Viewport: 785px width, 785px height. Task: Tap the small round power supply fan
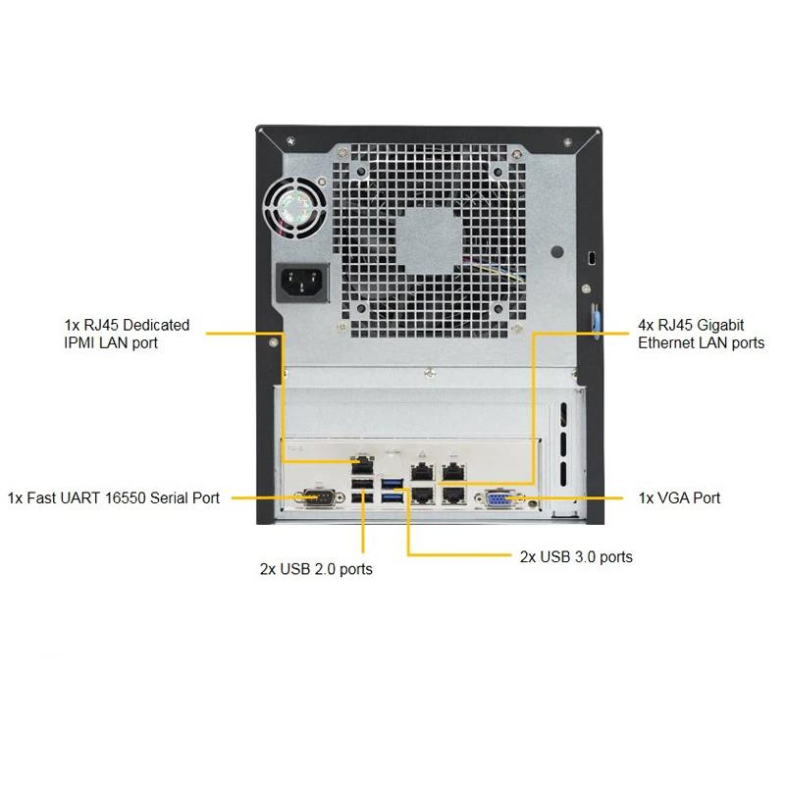click(296, 206)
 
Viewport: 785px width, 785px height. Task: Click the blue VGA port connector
click(497, 499)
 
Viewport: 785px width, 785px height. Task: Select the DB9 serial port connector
click(319, 497)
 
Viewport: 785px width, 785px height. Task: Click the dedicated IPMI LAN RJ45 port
click(362, 464)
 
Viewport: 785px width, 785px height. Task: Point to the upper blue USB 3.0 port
click(392, 484)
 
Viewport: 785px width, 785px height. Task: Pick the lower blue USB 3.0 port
click(392, 498)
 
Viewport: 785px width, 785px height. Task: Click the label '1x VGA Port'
click(679, 498)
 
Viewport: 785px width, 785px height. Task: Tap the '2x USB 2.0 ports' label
click(316, 569)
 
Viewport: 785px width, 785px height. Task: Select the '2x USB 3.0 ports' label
click(576, 557)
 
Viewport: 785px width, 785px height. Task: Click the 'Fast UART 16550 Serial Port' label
click(124, 498)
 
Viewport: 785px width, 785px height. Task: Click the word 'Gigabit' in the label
click(720, 326)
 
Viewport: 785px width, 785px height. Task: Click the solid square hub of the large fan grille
click(429, 241)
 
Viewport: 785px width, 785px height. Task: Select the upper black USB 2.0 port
click(362, 484)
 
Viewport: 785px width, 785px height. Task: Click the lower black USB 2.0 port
click(362, 498)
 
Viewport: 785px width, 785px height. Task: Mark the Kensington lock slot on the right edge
click(592, 258)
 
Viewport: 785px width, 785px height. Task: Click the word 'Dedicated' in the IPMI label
click(156, 326)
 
